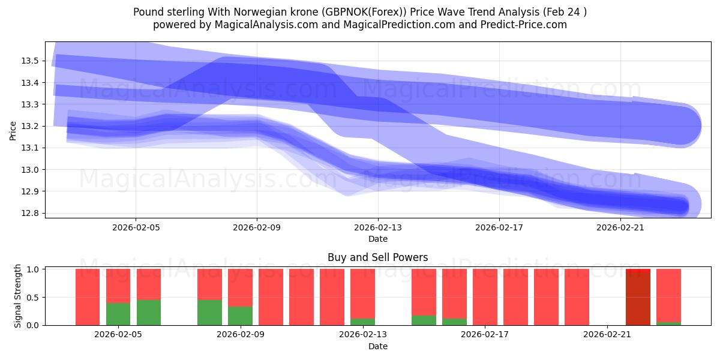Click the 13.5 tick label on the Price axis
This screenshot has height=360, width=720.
(30, 61)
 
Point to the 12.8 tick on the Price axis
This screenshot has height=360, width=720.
(30, 214)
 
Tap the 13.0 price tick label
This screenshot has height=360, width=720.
(30, 170)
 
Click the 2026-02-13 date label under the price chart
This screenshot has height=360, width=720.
(377, 228)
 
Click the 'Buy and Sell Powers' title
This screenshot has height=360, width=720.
(377, 257)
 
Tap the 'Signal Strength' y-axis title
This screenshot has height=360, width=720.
(18, 296)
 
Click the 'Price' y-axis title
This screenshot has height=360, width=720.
(13, 130)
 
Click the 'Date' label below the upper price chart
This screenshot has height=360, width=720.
(377, 239)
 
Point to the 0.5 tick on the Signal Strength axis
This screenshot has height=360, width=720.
(33, 297)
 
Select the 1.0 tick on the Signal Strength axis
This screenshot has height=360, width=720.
(33, 269)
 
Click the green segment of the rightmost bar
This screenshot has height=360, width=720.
(668, 323)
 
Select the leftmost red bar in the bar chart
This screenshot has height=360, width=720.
(88, 297)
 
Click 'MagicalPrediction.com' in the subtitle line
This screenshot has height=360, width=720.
(394, 25)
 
